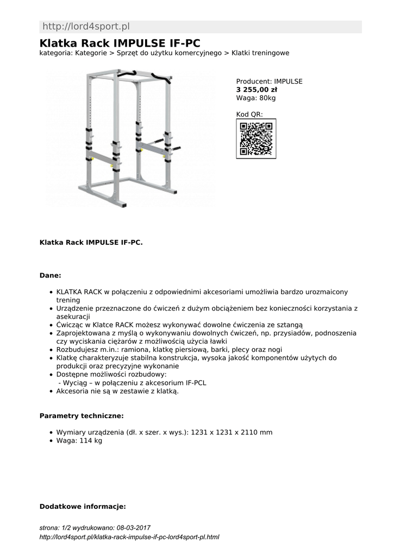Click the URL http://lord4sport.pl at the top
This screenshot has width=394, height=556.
[86, 27]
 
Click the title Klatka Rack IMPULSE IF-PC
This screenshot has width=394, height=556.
[120, 43]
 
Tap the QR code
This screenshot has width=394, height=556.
[255, 138]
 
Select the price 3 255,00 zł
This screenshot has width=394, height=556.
[257, 90]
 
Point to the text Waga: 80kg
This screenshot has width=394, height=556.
[256, 98]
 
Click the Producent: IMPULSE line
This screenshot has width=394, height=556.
[269, 81]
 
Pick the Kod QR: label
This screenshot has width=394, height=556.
[249, 114]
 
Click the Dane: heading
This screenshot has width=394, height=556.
[51, 276]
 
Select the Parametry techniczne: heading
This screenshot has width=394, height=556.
[82, 416]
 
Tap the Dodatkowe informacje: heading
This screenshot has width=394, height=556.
[83, 507]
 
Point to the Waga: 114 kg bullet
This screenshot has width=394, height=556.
[79, 440]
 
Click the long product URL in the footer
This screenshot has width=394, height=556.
[129, 537]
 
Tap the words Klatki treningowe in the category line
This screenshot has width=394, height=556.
[260, 53]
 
